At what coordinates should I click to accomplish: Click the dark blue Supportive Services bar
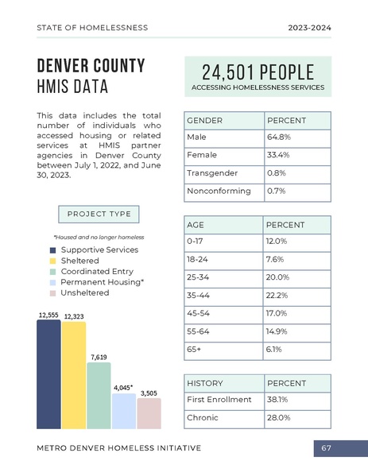point(48,373)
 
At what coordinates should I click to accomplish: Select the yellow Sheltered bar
point(74,374)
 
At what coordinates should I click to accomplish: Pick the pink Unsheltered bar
point(149,412)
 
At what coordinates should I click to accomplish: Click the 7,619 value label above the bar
point(99,358)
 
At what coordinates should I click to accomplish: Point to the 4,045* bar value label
point(123,388)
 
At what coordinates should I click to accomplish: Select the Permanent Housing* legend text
point(102,282)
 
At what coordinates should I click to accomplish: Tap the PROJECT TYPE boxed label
point(99,215)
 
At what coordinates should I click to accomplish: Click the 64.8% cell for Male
point(296,137)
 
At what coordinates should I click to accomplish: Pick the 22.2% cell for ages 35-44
point(296,295)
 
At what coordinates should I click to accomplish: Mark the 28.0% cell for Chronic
point(296,417)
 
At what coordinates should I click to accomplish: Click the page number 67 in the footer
point(326,448)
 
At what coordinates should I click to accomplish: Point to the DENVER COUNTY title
point(91,65)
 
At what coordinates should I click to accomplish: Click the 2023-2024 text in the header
point(309,28)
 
